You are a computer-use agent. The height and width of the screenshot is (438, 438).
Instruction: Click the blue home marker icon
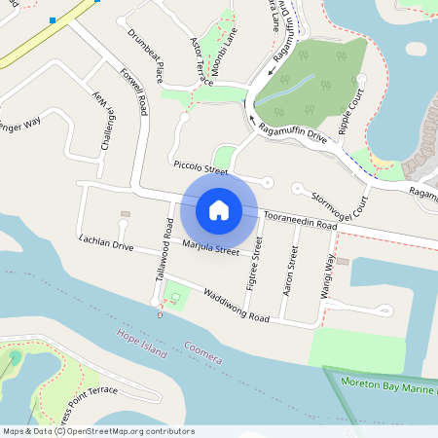[x=219, y=209]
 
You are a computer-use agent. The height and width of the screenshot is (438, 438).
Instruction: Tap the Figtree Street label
[x=257, y=262]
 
